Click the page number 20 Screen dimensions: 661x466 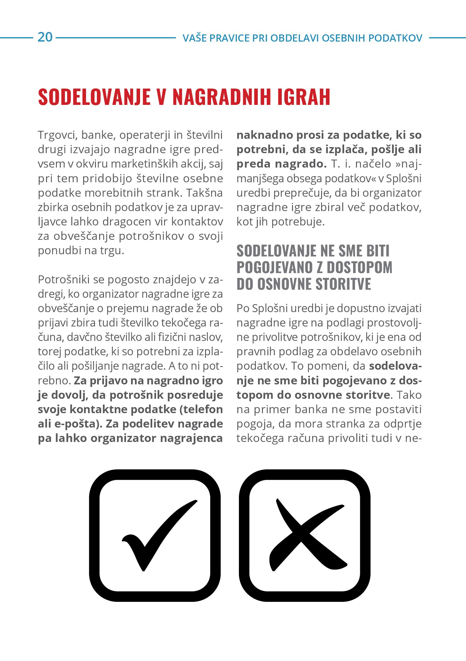point(45,37)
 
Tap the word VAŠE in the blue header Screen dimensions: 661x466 point(193,38)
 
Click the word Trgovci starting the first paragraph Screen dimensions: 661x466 point(58,135)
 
